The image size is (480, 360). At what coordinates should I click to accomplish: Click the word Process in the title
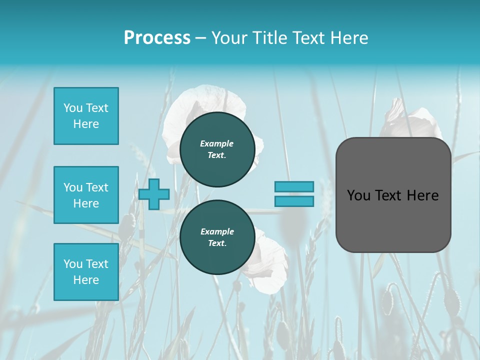point(157,38)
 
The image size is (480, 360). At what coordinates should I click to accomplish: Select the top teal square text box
point(86,116)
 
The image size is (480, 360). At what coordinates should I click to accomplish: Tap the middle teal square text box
point(86,195)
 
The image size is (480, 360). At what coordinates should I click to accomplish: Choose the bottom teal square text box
point(86,272)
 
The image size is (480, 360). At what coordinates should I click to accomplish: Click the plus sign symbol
point(154,194)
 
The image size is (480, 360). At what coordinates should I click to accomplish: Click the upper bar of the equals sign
point(294,186)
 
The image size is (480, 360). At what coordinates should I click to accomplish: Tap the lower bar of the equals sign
point(294,201)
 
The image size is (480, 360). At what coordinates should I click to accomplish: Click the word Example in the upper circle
point(217,143)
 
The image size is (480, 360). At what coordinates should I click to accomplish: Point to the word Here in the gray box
point(422,195)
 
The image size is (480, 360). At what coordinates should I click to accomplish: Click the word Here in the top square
point(86,124)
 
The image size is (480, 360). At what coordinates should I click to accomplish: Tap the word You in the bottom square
point(73,264)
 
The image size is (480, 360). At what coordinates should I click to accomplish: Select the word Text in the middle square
point(97,187)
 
